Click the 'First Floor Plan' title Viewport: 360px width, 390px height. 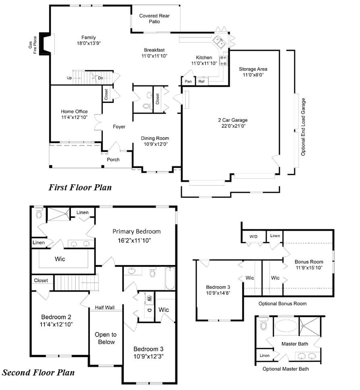(x=80, y=187)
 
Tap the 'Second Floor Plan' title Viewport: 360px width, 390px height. (x=38, y=372)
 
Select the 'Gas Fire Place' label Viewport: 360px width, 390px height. (x=33, y=45)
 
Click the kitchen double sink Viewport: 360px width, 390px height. (x=219, y=42)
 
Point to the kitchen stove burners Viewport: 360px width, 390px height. (x=223, y=60)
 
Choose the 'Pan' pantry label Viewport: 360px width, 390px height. (x=188, y=81)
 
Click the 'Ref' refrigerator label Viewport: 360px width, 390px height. (x=202, y=81)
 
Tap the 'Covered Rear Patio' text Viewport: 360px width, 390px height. (x=154, y=19)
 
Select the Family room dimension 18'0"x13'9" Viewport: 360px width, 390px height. (x=89, y=43)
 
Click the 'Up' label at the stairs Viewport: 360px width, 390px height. (x=69, y=78)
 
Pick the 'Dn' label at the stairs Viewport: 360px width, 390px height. (x=100, y=78)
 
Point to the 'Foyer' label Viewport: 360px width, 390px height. (x=119, y=127)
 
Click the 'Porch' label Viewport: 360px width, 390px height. (x=113, y=160)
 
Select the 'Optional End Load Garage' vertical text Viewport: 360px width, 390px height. (x=303, y=127)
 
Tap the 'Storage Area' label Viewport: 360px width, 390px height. (x=253, y=69)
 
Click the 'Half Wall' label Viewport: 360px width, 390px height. (x=105, y=307)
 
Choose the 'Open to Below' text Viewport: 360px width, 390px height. (x=106, y=338)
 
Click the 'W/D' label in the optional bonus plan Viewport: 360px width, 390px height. (x=253, y=236)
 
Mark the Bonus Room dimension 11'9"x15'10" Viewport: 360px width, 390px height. (x=309, y=268)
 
